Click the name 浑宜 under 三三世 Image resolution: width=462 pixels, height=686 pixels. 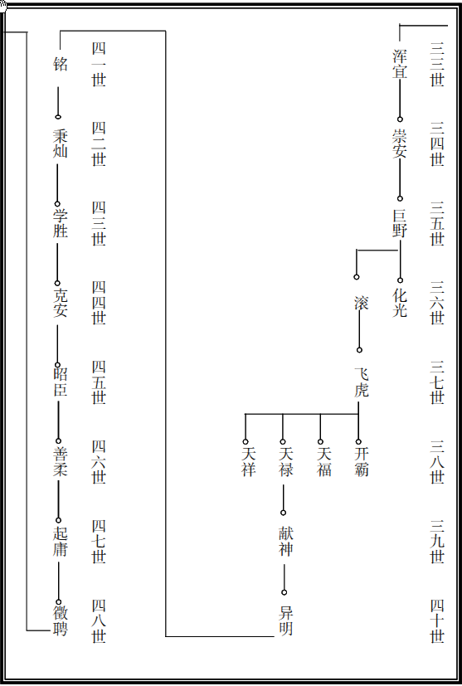(x=400, y=64)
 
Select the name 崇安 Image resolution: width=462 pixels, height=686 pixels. (x=400, y=143)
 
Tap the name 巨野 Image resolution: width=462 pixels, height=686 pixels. (x=400, y=222)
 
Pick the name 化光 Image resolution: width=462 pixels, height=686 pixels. (x=400, y=302)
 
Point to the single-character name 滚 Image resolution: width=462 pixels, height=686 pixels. (x=362, y=303)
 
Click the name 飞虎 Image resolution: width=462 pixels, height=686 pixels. (x=362, y=382)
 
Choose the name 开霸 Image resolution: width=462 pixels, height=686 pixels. (x=362, y=461)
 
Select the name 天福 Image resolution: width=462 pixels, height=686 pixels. (x=323, y=461)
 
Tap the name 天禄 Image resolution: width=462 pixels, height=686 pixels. (x=285, y=461)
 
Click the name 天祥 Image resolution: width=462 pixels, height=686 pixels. (x=248, y=461)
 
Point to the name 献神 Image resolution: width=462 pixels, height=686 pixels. (x=285, y=541)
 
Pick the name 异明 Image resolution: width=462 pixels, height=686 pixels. (x=285, y=620)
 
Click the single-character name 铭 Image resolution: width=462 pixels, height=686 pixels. (x=61, y=64)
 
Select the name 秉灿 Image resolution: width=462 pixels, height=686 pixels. (x=61, y=143)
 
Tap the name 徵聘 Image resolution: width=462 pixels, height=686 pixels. (x=61, y=620)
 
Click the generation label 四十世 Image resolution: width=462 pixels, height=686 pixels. (x=437, y=620)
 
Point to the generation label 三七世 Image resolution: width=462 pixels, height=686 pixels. (x=437, y=382)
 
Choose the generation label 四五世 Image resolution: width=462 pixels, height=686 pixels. (x=99, y=382)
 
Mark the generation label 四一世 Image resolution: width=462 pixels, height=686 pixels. (x=99, y=64)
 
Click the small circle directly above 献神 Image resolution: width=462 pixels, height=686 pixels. (x=283, y=513)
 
